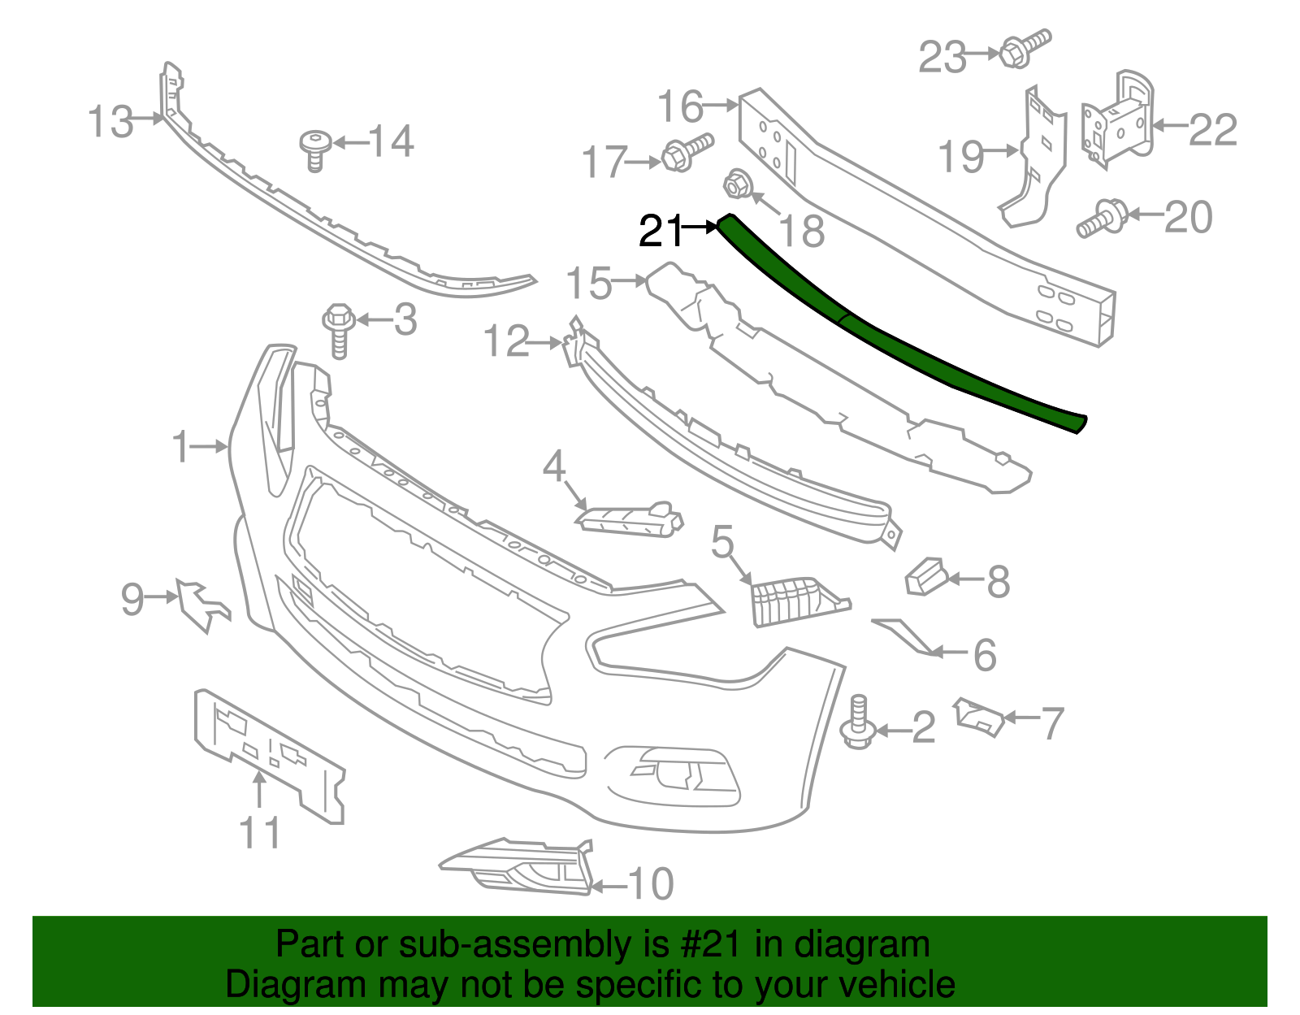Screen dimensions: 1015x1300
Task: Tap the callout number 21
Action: [659, 232]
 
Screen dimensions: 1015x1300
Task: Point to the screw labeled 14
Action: [314, 150]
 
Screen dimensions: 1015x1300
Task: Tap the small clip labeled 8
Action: [925, 576]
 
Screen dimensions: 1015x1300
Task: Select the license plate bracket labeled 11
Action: [268, 752]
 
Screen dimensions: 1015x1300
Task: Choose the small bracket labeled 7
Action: [979, 716]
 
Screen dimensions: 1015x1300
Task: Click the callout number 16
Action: [680, 106]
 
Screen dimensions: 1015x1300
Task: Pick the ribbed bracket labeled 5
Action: [792, 599]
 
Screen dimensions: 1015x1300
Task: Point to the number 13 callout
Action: [110, 122]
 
